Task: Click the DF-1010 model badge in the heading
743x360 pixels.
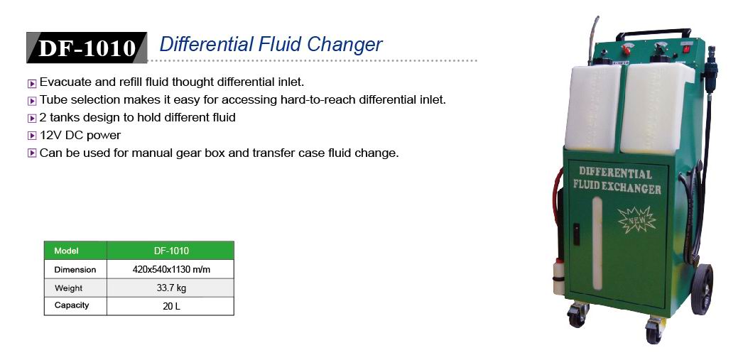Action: (87, 48)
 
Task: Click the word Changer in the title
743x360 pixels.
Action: (345, 45)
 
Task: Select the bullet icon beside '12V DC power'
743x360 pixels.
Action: (32, 136)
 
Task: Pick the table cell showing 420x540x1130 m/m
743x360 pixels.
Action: (170, 270)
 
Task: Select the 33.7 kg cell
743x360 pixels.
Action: (170, 288)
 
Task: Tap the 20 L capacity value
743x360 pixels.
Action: (170, 306)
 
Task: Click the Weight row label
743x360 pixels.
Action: (69, 288)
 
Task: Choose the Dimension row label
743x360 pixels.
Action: (75, 270)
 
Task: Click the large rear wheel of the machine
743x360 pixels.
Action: (702, 290)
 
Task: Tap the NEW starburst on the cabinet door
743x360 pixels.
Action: (637, 220)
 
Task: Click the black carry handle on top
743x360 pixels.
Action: (653, 33)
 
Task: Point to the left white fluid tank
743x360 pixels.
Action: (592, 108)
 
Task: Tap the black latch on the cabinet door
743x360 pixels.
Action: (576, 234)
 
